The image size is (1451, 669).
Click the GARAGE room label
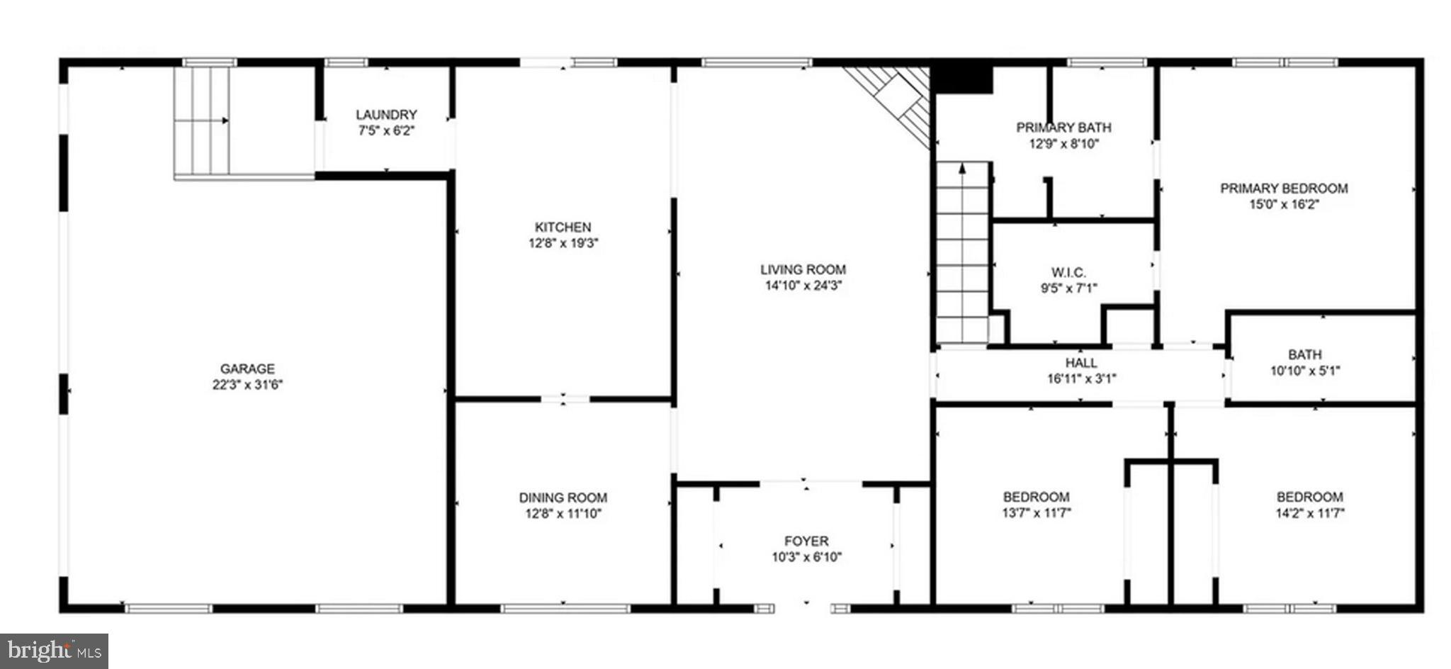pos(247,369)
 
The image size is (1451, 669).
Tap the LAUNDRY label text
pos(386,115)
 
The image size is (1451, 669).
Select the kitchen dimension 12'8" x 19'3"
pos(563,243)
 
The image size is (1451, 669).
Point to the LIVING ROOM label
pos(803,269)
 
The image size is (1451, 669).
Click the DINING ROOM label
pos(563,497)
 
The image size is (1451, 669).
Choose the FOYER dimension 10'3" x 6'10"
pos(806,557)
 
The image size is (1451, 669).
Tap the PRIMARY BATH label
pos(1063,128)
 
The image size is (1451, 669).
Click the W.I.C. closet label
pos(1068,272)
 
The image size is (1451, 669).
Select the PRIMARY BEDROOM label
pos(1283,189)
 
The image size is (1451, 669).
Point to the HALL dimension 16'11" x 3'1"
pos(1081,378)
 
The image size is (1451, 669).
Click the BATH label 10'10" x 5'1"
pos(1304,354)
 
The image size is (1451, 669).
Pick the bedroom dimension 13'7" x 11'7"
pos(1036,513)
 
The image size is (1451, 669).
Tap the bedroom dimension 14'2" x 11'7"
pos(1309,513)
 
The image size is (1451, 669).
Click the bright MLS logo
pos(54,651)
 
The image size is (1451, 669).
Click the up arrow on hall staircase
pos(962,169)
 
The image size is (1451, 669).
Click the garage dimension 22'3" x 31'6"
pos(247,385)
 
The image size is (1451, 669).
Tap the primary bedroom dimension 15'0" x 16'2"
pos(1283,205)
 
